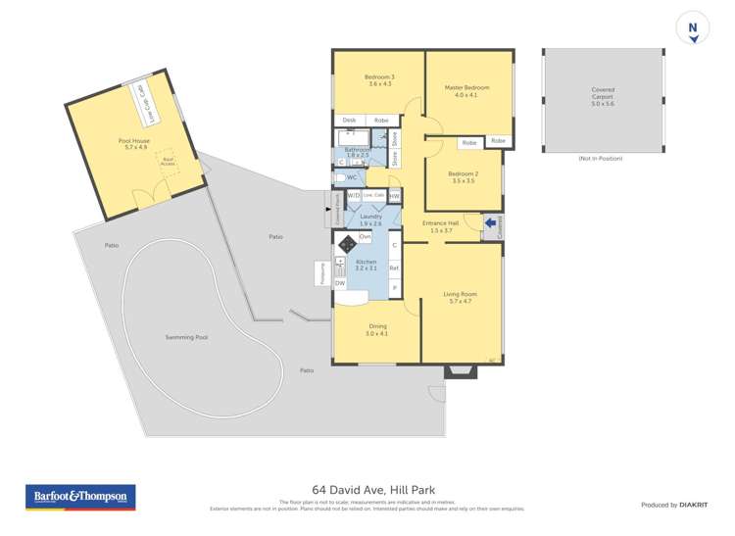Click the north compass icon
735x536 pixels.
pos(693,30)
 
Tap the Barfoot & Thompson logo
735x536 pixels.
pos(80,497)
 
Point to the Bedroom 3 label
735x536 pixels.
pos(379,80)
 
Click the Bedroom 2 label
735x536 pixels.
pos(464,176)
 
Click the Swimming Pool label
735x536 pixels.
pos(186,337)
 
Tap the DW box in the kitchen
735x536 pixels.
pos(340,283)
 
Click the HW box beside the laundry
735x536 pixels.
pos(394,196)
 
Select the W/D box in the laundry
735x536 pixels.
pos(353,196)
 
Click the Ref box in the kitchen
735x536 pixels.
pos(394,267)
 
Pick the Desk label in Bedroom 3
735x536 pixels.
pos(349,120)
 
